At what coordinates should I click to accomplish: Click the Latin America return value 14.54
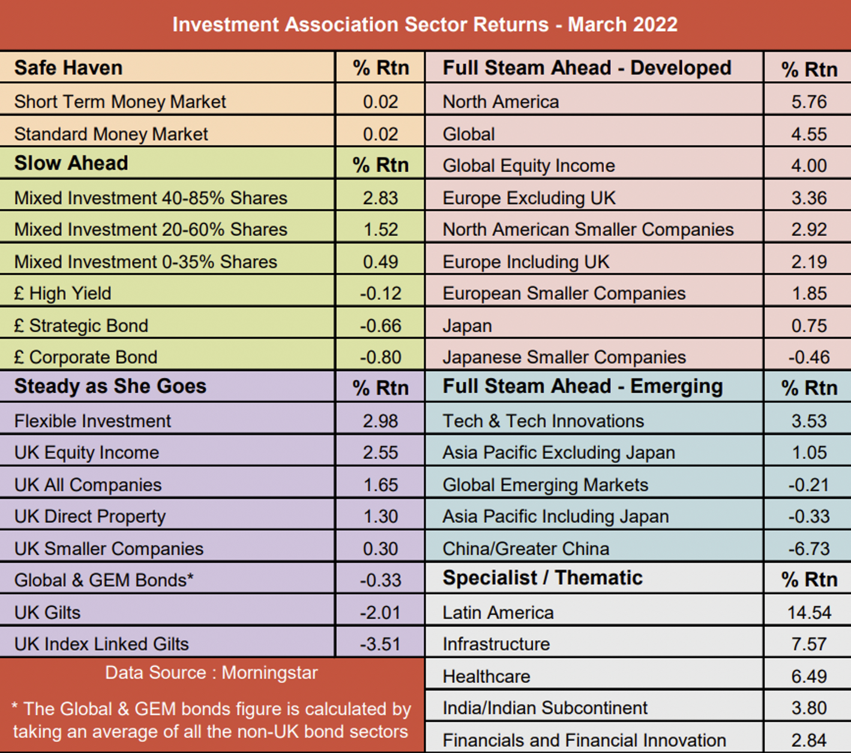tap(809, 612)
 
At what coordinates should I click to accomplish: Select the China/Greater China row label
tap(526, 549)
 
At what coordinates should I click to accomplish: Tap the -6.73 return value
tap(809, 549)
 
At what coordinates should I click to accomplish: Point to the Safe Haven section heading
tap(68, 68)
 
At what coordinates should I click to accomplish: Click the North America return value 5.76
tap(809, 101)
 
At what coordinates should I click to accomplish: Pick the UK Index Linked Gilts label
tap(101, 644)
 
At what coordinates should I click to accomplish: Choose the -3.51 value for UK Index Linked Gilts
tap(380, 644)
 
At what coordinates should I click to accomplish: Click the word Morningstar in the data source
tap(269, 673)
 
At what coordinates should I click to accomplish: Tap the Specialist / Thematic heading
tap(543, 578)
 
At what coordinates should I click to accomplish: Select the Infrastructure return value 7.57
tap(809, 644)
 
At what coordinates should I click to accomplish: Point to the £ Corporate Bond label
tap(86, 357)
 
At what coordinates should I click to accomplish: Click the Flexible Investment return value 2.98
tap(380, 421)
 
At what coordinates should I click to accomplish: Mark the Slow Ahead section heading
tap(71, 163)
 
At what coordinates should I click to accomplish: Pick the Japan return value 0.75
tap(809, 325)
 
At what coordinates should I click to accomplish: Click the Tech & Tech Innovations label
tap(543, 421)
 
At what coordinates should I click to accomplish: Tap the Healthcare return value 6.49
tap(809, 677)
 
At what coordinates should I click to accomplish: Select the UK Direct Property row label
tap(90, 517)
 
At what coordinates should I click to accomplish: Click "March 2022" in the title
tap(622, 25)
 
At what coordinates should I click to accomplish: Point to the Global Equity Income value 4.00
tap(809, 166)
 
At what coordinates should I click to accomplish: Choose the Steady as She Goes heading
tap(110, 386)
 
